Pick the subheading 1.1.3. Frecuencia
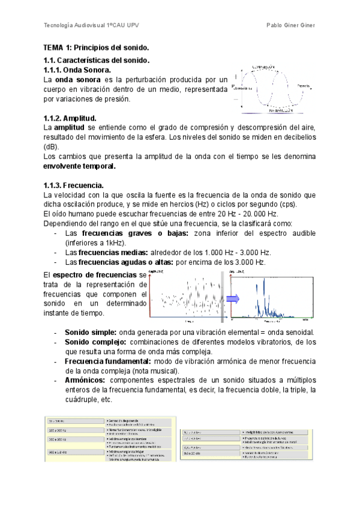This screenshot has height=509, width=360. pyautogui.click(x=74, y=185)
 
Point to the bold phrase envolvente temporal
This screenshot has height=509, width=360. pyautogui.click(x=80, y=166)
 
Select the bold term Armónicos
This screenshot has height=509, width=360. pyautogui.click(x=85, y=381)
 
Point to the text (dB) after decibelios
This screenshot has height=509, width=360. pyautogui.click(x=52, y=146)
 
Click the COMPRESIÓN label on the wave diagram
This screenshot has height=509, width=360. pyautogui.click(x=263, y=66)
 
